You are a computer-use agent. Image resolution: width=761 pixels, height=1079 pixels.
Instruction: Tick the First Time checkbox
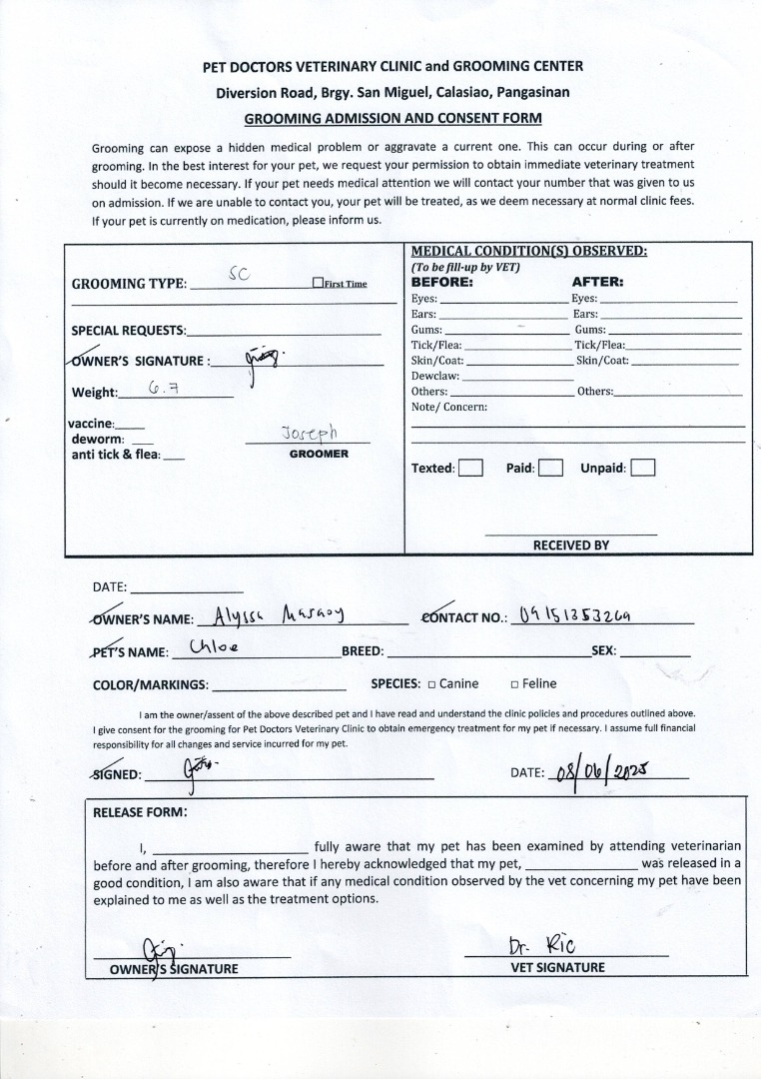pos(318,283)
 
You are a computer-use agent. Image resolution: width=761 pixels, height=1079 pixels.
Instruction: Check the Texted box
pos(471,468)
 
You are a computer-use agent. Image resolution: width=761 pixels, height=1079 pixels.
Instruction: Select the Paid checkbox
pos(550,468)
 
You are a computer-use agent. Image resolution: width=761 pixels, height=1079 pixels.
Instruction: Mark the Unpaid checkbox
pos(643,468)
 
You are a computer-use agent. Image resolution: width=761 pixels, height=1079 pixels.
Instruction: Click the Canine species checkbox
pos(431,684)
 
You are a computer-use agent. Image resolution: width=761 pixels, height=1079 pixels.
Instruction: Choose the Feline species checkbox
pos(514,684)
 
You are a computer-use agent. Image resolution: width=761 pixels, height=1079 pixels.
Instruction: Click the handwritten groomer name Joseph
pos(310,433)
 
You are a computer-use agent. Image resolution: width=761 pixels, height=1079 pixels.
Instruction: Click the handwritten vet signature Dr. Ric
pos(541,945)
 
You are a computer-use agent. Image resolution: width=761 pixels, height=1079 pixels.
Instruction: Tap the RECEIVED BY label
pos(570,545)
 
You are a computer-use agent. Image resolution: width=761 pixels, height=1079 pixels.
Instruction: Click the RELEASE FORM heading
pos(140,812)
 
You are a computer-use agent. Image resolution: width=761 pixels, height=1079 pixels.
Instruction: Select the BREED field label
pos(363,651)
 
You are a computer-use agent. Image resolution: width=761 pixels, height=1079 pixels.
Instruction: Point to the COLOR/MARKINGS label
pos(150,685)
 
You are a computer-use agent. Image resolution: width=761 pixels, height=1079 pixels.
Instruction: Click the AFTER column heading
pos(597,282)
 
